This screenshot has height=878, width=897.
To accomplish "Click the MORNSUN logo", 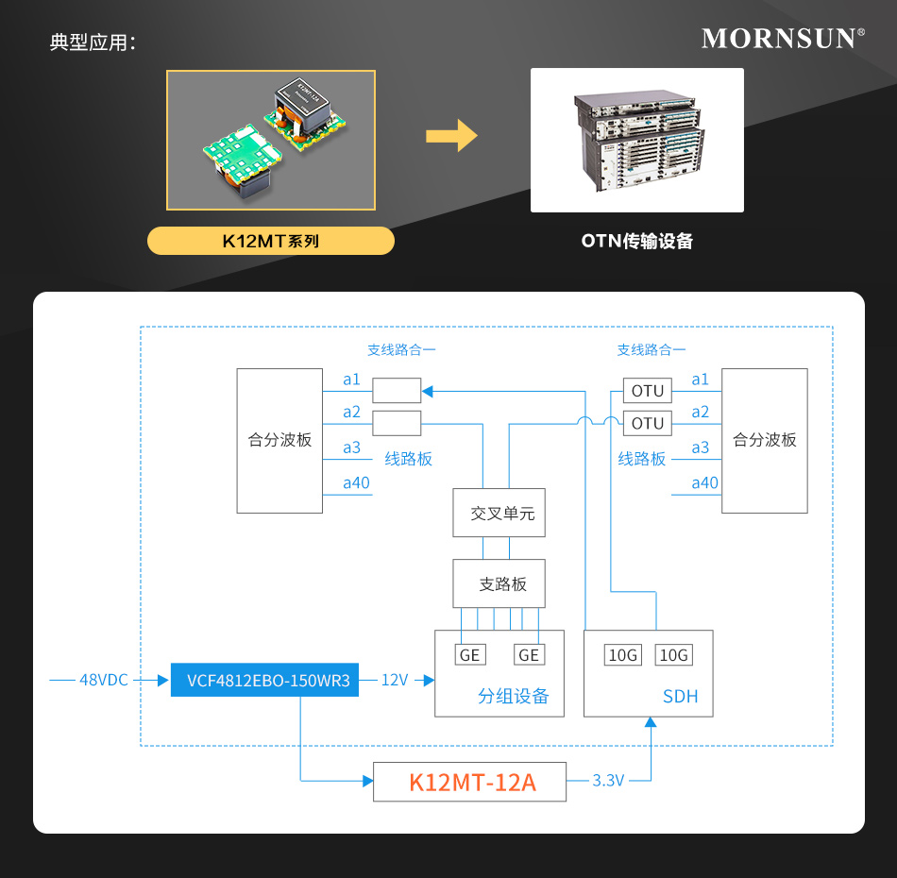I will point(783,39).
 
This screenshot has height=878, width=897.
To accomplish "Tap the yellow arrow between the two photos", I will point(451,135).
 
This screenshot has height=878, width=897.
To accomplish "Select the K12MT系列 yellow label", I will point(271,241).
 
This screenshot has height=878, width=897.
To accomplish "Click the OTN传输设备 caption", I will point(637,241).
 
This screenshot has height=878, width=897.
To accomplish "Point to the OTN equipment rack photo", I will point(637,140).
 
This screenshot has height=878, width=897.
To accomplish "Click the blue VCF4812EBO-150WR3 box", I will point(265,680).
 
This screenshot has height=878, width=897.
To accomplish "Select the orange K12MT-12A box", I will point(470,782).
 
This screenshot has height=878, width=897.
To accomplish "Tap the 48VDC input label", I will point(103,680).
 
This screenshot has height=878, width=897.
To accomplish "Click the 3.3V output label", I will point(608,781).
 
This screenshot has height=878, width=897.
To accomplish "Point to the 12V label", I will point(394,680).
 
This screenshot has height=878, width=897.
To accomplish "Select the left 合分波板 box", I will point(279,440).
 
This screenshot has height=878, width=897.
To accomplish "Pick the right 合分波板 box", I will point(765,440).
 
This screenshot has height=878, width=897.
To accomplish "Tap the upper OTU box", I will point(648,391).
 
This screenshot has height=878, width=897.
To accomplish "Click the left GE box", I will point(470,655).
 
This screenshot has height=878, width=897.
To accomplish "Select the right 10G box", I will point(674,655).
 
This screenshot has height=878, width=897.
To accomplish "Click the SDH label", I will point(680,697).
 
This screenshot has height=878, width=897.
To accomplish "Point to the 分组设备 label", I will point(513,697).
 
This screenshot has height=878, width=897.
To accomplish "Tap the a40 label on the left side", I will point(356,483).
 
